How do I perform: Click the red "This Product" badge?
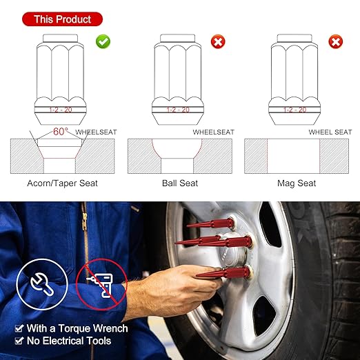63,19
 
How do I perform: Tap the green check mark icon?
103,42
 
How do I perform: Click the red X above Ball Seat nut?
218,42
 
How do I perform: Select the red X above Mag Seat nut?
336,42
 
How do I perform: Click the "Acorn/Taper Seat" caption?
63,183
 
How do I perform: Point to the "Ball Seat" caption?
179,183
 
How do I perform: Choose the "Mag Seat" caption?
297,183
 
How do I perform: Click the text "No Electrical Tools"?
69,341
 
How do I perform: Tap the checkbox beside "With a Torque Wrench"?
19,328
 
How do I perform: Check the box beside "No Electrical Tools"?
19,341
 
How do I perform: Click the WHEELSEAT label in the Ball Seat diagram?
213,132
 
